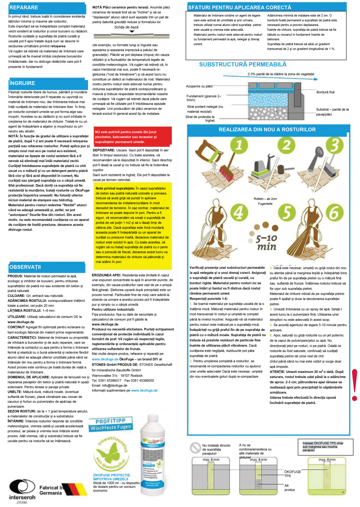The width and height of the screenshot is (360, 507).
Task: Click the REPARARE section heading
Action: coord(24,8)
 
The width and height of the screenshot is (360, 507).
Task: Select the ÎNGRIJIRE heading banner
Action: coord(22,83)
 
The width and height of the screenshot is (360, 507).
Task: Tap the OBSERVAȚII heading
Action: coord(25,267)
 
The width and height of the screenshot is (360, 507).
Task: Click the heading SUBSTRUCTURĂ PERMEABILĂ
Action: coord(243,65)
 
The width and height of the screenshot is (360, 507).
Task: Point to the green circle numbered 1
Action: coord(239,145)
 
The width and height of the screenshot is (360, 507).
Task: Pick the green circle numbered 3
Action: coord(335,145)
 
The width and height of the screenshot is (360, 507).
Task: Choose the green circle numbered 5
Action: coord(287,212)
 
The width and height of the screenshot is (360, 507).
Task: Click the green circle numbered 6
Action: coord(335,212)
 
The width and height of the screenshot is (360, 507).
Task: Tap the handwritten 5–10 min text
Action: coord(267,242)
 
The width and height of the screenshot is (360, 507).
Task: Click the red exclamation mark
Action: coord(355,385)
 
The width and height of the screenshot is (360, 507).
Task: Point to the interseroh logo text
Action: coord(22,497)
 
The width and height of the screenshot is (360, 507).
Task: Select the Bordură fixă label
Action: coord(325,92)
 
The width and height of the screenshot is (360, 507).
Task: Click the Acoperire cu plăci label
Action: coord(199,86)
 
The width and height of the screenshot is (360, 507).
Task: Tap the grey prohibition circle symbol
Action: coord(195,447)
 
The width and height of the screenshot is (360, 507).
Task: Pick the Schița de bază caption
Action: coord(126,27)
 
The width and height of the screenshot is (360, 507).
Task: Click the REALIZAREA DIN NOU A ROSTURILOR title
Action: coord(267,130)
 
